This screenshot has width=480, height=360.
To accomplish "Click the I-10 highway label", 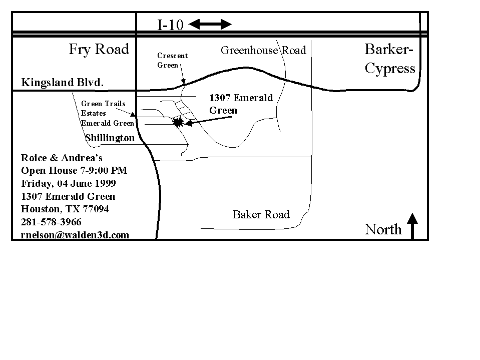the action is pos(170,25).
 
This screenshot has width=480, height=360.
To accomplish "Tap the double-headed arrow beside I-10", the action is pos(210,24).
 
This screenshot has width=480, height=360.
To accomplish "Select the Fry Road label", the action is pos(99,49).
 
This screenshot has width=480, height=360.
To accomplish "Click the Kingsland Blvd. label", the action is pos(63,82).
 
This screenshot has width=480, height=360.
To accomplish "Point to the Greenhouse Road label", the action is pos(263,50).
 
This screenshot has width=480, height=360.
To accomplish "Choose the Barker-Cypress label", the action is pos(390,59).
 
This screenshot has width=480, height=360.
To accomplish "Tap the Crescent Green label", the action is pos(172,60).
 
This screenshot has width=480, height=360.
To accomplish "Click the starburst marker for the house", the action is pos(178,122).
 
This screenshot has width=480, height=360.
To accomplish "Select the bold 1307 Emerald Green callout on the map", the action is pos(241,104).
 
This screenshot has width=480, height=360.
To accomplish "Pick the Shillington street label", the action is pos(110,138).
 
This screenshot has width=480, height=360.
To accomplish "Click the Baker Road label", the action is pos(261,214).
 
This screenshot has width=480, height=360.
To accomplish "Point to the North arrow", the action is pos(412,226).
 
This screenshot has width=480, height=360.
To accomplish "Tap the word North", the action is pos(383,229).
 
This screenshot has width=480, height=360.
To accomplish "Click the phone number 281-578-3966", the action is pos(51,222).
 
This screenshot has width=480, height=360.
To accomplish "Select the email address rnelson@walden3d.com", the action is pos(75,235).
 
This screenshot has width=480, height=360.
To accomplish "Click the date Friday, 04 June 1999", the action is pos(69,183).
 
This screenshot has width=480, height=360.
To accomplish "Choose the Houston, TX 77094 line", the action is pos(65,209).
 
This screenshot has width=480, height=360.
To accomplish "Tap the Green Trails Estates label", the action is pos(103,108).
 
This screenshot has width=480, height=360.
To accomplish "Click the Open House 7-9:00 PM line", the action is pos(74,171).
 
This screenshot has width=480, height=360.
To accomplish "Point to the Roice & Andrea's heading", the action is pos(62,158).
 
